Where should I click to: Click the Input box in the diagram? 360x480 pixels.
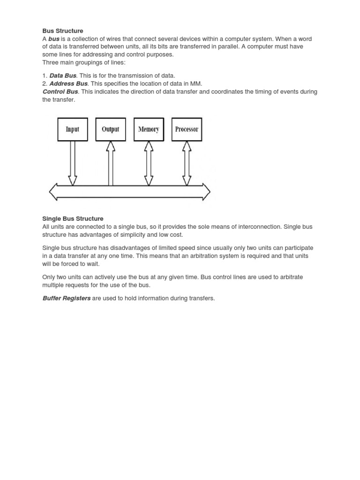pyautogui.click(x=73, y=129)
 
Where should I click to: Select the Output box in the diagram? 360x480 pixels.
pyautogui.click(x=111, y=129)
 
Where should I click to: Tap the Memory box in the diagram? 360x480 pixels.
pyautogui.click(x=149, y=129)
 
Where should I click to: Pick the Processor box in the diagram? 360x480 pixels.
pyautogui.click(x=187, y=129)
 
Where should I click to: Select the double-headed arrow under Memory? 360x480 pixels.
pyautogui.click(x=149, y=163)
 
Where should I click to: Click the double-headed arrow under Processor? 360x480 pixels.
pyautogui.click(x=187, y=163)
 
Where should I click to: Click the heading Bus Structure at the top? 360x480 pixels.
pyautogui.click(x=62, y=31)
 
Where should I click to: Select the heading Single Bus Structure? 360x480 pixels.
pyautogui.click(x=73, y=218)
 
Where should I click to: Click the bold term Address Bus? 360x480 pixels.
pyautogui.click(x=68, y=83)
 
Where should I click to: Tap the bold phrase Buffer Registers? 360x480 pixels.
pyautogui.click(x=67, y=298)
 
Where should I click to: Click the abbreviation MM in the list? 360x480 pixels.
pyautogui.click(x=196, y=83)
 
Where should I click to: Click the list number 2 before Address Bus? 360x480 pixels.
pyautogui.click(x=45, y=83)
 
